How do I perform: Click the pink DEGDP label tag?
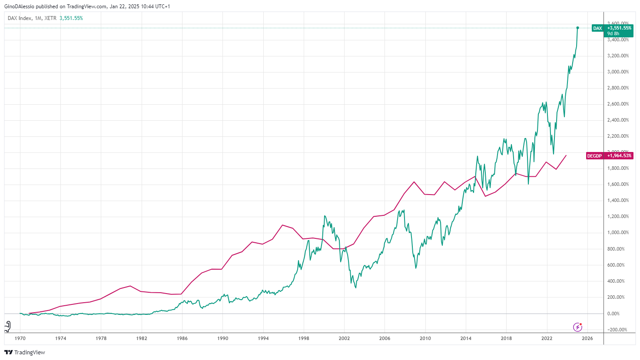[609, 156]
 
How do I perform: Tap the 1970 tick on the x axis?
[20, 338]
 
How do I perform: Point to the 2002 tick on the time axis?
[344, 338]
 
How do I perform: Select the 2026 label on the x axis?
[587, 338]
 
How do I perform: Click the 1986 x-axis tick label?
[182, 338]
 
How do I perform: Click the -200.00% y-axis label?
[617, 330]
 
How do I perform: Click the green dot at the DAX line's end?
[577, 28]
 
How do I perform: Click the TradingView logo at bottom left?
[25, 352]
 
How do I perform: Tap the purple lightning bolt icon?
[577, 327]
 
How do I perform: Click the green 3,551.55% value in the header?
[71, 18]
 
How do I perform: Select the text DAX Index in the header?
[20, 18]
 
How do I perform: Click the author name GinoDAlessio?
[19, 7]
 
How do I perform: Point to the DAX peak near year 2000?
[325, 216]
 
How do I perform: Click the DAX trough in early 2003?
[356, 287]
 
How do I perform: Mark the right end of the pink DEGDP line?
[566, 155]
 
